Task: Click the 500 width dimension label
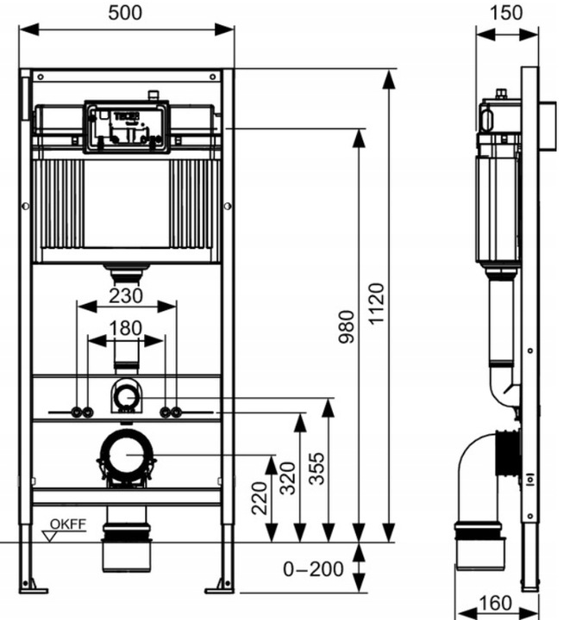tap(125, 13)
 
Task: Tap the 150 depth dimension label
tap(506, 13)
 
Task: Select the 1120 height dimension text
tap(377, 304)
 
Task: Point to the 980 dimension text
tap(347, 327)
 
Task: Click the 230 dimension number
tap(126, 295)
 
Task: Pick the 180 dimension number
tap(125, 329)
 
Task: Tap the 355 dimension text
tap(316, 468)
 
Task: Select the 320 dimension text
tap(288, 479)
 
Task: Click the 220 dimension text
tap(260, 499)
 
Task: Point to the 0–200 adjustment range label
tap(313, 570)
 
